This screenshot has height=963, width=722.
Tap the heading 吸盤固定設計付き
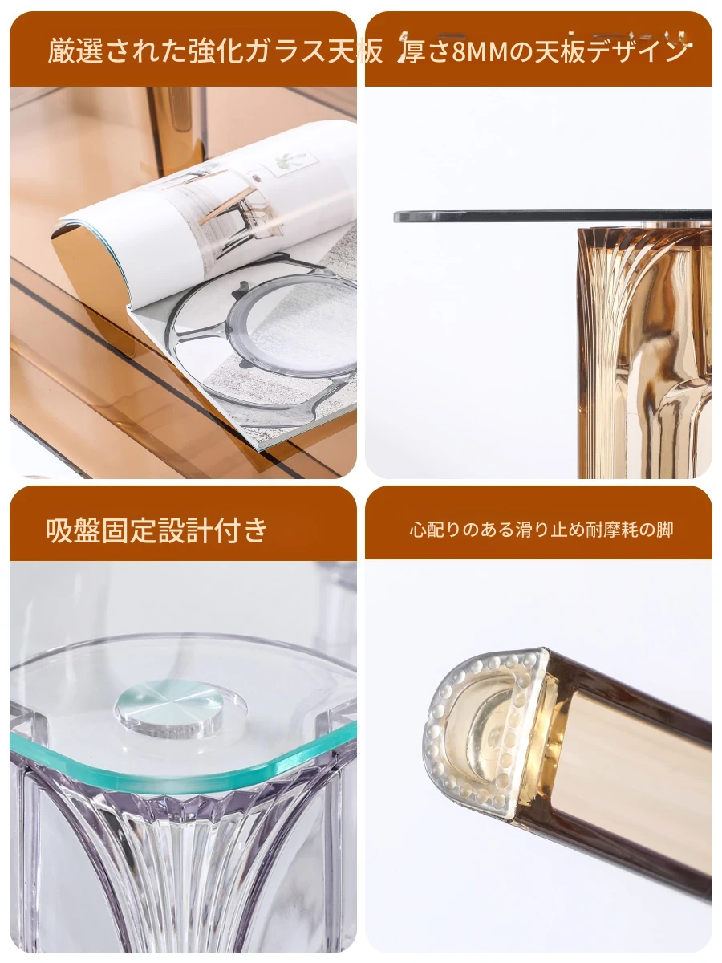click(x=156, y=530)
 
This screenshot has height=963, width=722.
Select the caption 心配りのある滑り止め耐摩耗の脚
click(x=541, y=530)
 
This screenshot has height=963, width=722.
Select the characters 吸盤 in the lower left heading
click(x=73, y=530)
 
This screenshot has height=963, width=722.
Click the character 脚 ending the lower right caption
click(x=665, y=530)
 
